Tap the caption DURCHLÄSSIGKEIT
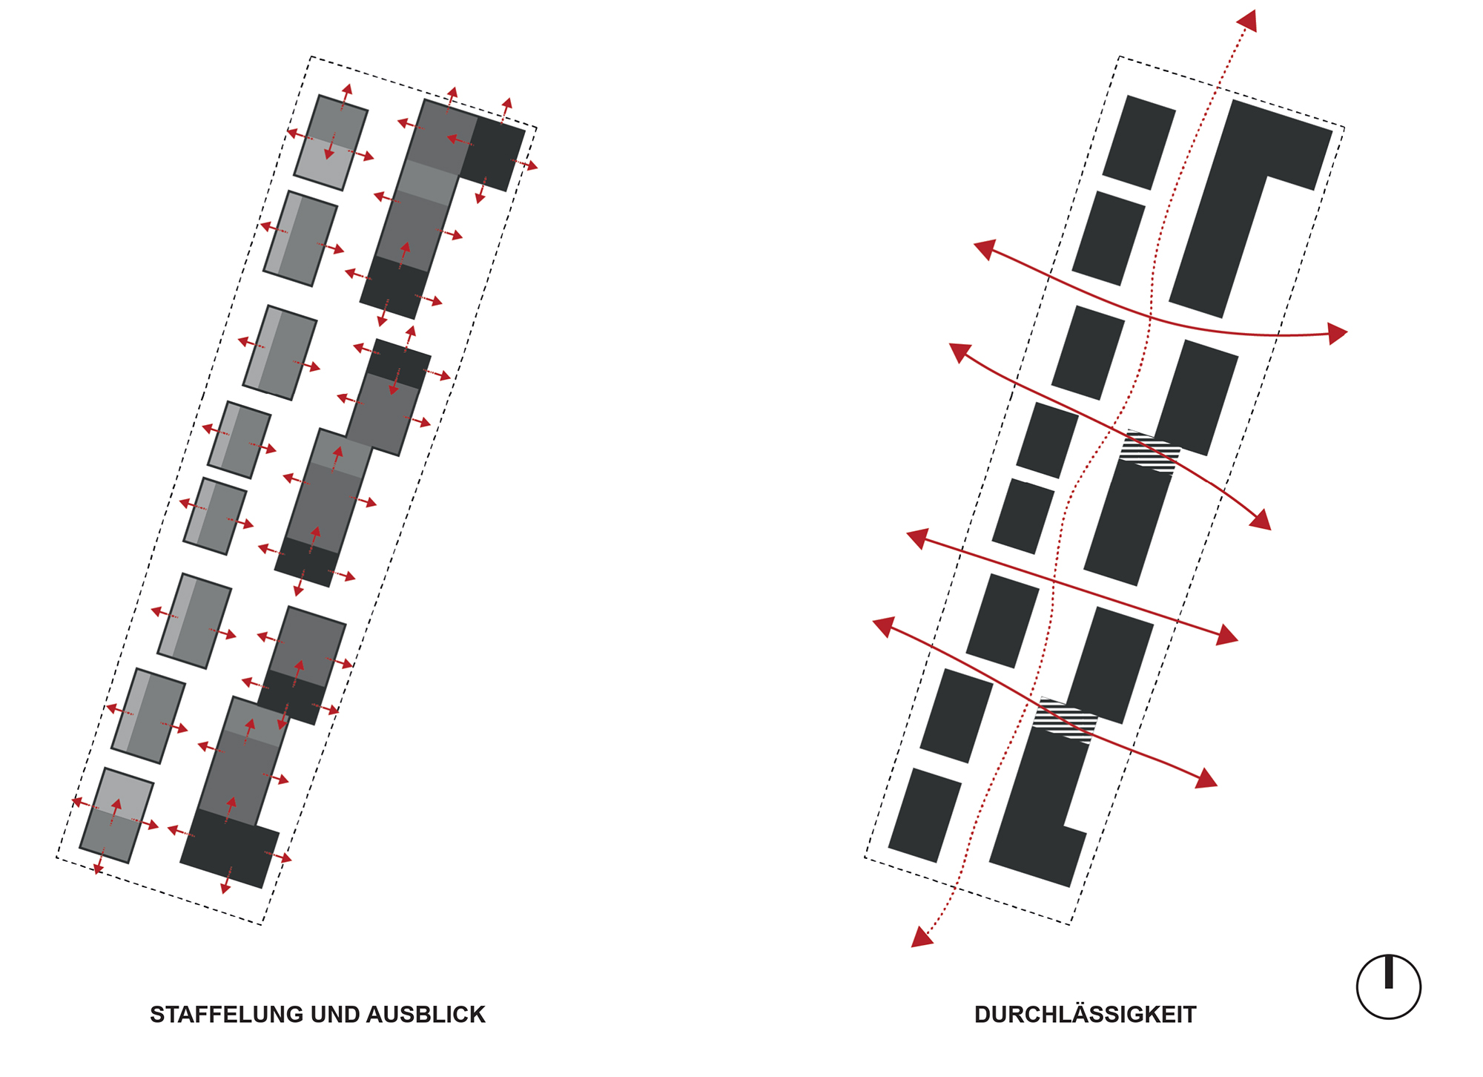point(1085,1014)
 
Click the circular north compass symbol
point(1388,987)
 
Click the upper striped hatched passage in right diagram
point(1149,451)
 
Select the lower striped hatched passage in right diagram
point(1065,720)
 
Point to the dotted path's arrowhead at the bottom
point(920,938)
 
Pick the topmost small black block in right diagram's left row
point(1139,142)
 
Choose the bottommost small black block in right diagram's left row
point(925,815)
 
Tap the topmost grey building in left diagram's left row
point(331,142)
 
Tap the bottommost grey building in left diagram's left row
point(116,815)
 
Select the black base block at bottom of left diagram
point(230,849)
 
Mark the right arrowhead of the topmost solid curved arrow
point(1338,333)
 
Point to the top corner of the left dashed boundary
point(311,56)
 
